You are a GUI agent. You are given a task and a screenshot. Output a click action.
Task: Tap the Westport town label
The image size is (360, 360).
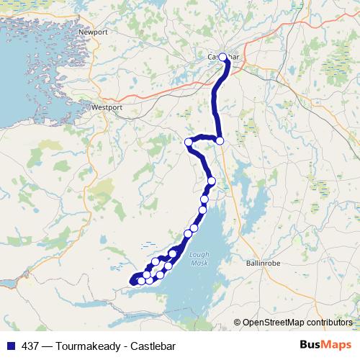coord(107,107)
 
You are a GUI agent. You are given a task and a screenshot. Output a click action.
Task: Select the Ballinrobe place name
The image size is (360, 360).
coord(260,262)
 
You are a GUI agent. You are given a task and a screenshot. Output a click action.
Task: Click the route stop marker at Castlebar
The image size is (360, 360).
coord(222,58)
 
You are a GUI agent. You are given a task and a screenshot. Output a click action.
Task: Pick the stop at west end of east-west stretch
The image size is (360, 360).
coord(189,142)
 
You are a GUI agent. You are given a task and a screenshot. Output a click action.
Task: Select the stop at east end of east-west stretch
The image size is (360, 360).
coord(220,140)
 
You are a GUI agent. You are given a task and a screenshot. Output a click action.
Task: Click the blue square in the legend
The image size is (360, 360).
coord(8,346)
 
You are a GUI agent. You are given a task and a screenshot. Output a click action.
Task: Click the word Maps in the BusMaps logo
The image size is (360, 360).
coord(338,345)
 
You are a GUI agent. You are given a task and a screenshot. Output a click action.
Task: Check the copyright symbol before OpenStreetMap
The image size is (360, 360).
coord(238,322)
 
